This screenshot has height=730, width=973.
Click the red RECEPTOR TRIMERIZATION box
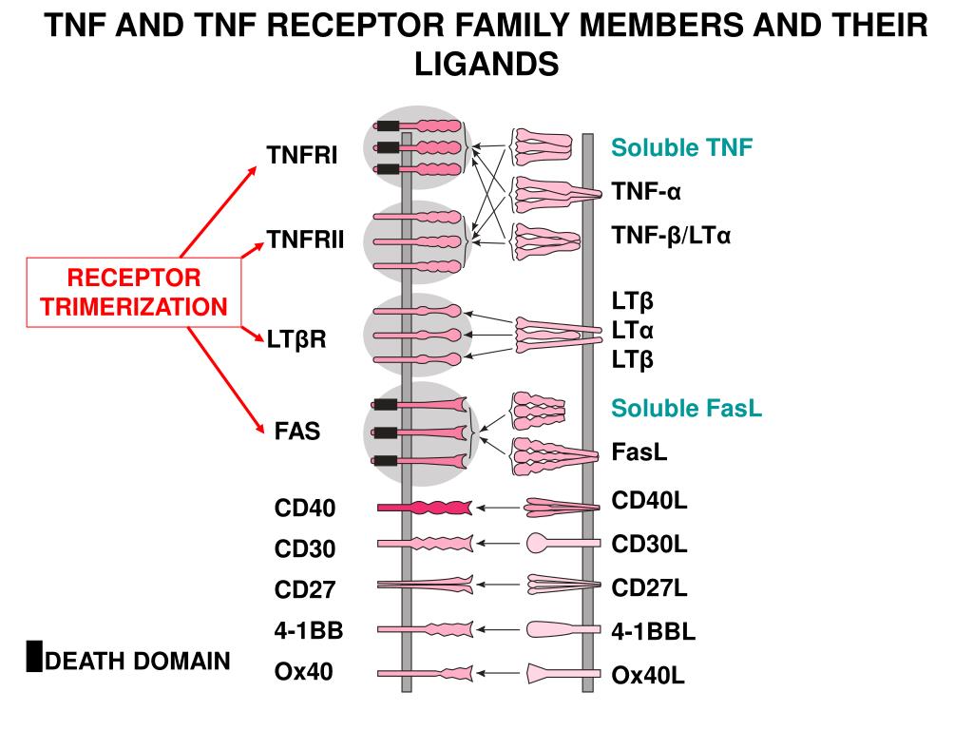(133, 292)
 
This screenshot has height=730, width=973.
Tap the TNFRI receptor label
(302, 155)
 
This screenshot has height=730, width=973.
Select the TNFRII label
(305, 239)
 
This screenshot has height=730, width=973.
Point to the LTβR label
(296, 339)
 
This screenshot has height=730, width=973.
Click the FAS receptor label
(297, 431)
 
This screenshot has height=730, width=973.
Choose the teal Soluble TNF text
(681, 147)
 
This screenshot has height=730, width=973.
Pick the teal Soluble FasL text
(686, 408)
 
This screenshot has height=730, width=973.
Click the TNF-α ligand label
(646, 191)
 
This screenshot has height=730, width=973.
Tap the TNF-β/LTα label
(671, 236)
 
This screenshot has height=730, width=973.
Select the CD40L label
(649, 500)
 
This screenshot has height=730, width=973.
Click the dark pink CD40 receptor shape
(425, 508)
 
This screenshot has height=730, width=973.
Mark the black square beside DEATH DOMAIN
(34, 656)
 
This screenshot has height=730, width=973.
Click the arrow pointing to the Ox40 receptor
(498, 673)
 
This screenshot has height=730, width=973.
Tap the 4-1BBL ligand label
(654, 631)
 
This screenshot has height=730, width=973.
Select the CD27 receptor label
(305, 589)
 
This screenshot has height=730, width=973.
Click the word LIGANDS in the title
(486, 64)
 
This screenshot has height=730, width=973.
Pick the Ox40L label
(648, 675)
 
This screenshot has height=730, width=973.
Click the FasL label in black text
(639, 451)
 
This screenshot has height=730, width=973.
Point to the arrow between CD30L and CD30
(498, 543)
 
